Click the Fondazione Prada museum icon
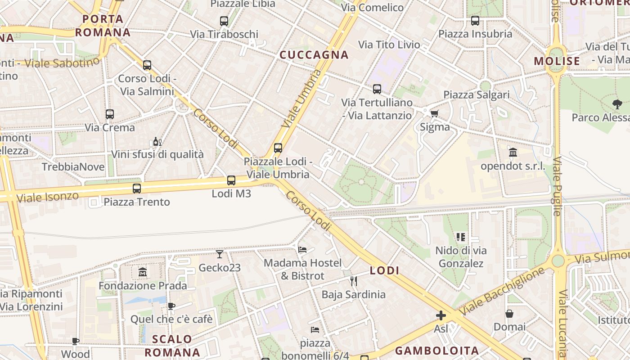(x=143, y=272)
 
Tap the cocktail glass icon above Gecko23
(x=219, y=254)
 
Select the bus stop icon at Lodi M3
(x=231, y=180)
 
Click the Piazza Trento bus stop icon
(x=137, y=189)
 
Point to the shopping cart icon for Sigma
(x=434, y=113)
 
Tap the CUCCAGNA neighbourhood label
(x=314, y=55)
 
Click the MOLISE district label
(x=557, y=61)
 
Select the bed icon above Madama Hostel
(x=302, y=249)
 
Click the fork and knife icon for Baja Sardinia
(x=353, y=281)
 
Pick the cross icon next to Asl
(x=441, y=315)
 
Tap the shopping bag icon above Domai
(x=509, y=314)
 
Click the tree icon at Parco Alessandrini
(x=617, y=104)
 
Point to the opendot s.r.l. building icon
(x=513, y=153)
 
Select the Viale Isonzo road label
(x=47, y=197)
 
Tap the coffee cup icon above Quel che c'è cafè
(x=171, y=306)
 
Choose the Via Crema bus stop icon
(x=110, y=114)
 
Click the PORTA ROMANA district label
(x=103, y=26)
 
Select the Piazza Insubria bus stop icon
(x=475, y=21)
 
